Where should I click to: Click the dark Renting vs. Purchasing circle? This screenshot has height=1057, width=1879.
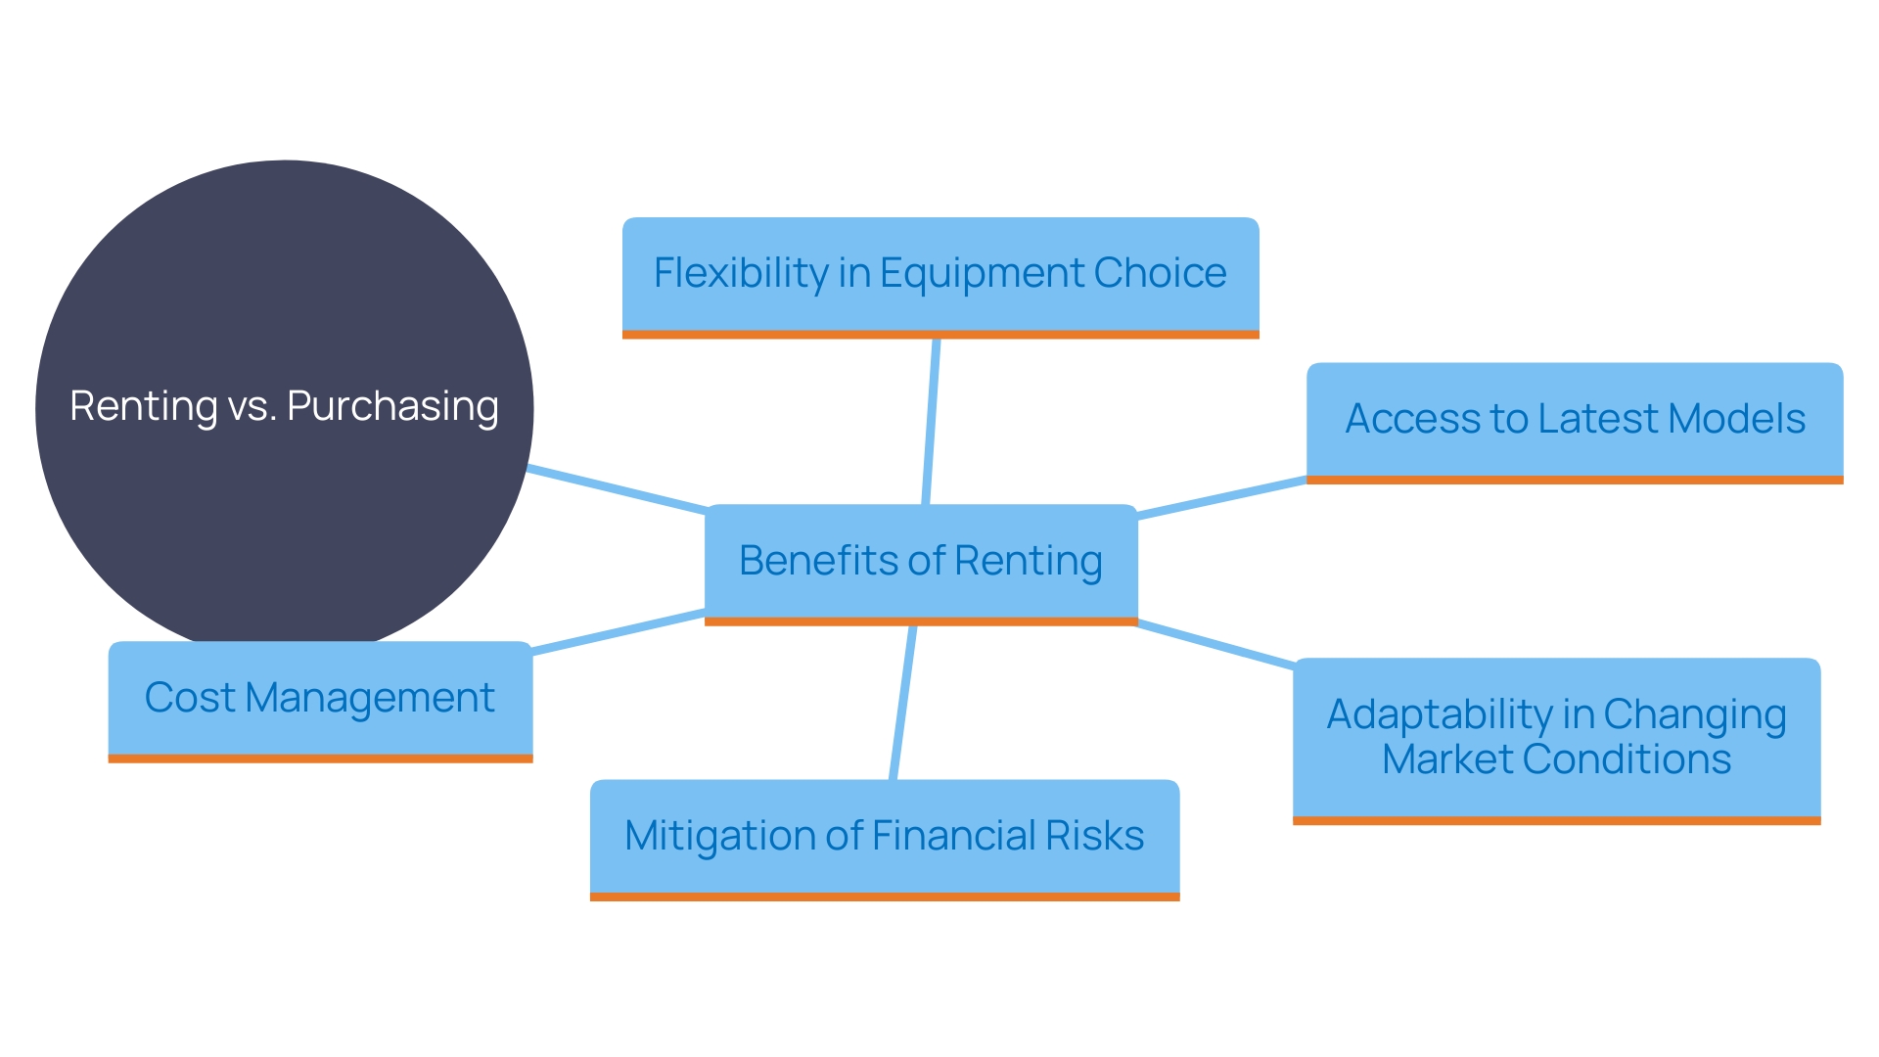(284, 294)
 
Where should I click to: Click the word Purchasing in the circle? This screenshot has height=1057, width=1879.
(392, 406)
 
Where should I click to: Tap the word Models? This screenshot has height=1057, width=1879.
(1736, 419)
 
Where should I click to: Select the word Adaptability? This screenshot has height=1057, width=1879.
(1439, 714)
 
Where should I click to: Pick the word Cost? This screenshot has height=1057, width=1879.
(190, 698)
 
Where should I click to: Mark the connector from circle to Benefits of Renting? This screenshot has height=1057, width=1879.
(617, 488)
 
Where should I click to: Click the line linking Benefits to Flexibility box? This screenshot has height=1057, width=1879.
(931, 421)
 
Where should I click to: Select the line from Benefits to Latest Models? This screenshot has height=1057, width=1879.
(1221, 498)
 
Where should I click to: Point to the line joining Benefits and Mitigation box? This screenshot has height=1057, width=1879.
(902, 703)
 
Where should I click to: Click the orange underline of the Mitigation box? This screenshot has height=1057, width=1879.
(884, 896)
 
